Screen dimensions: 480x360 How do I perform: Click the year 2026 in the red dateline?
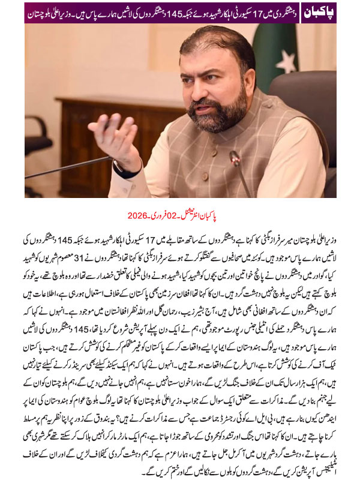137,215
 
